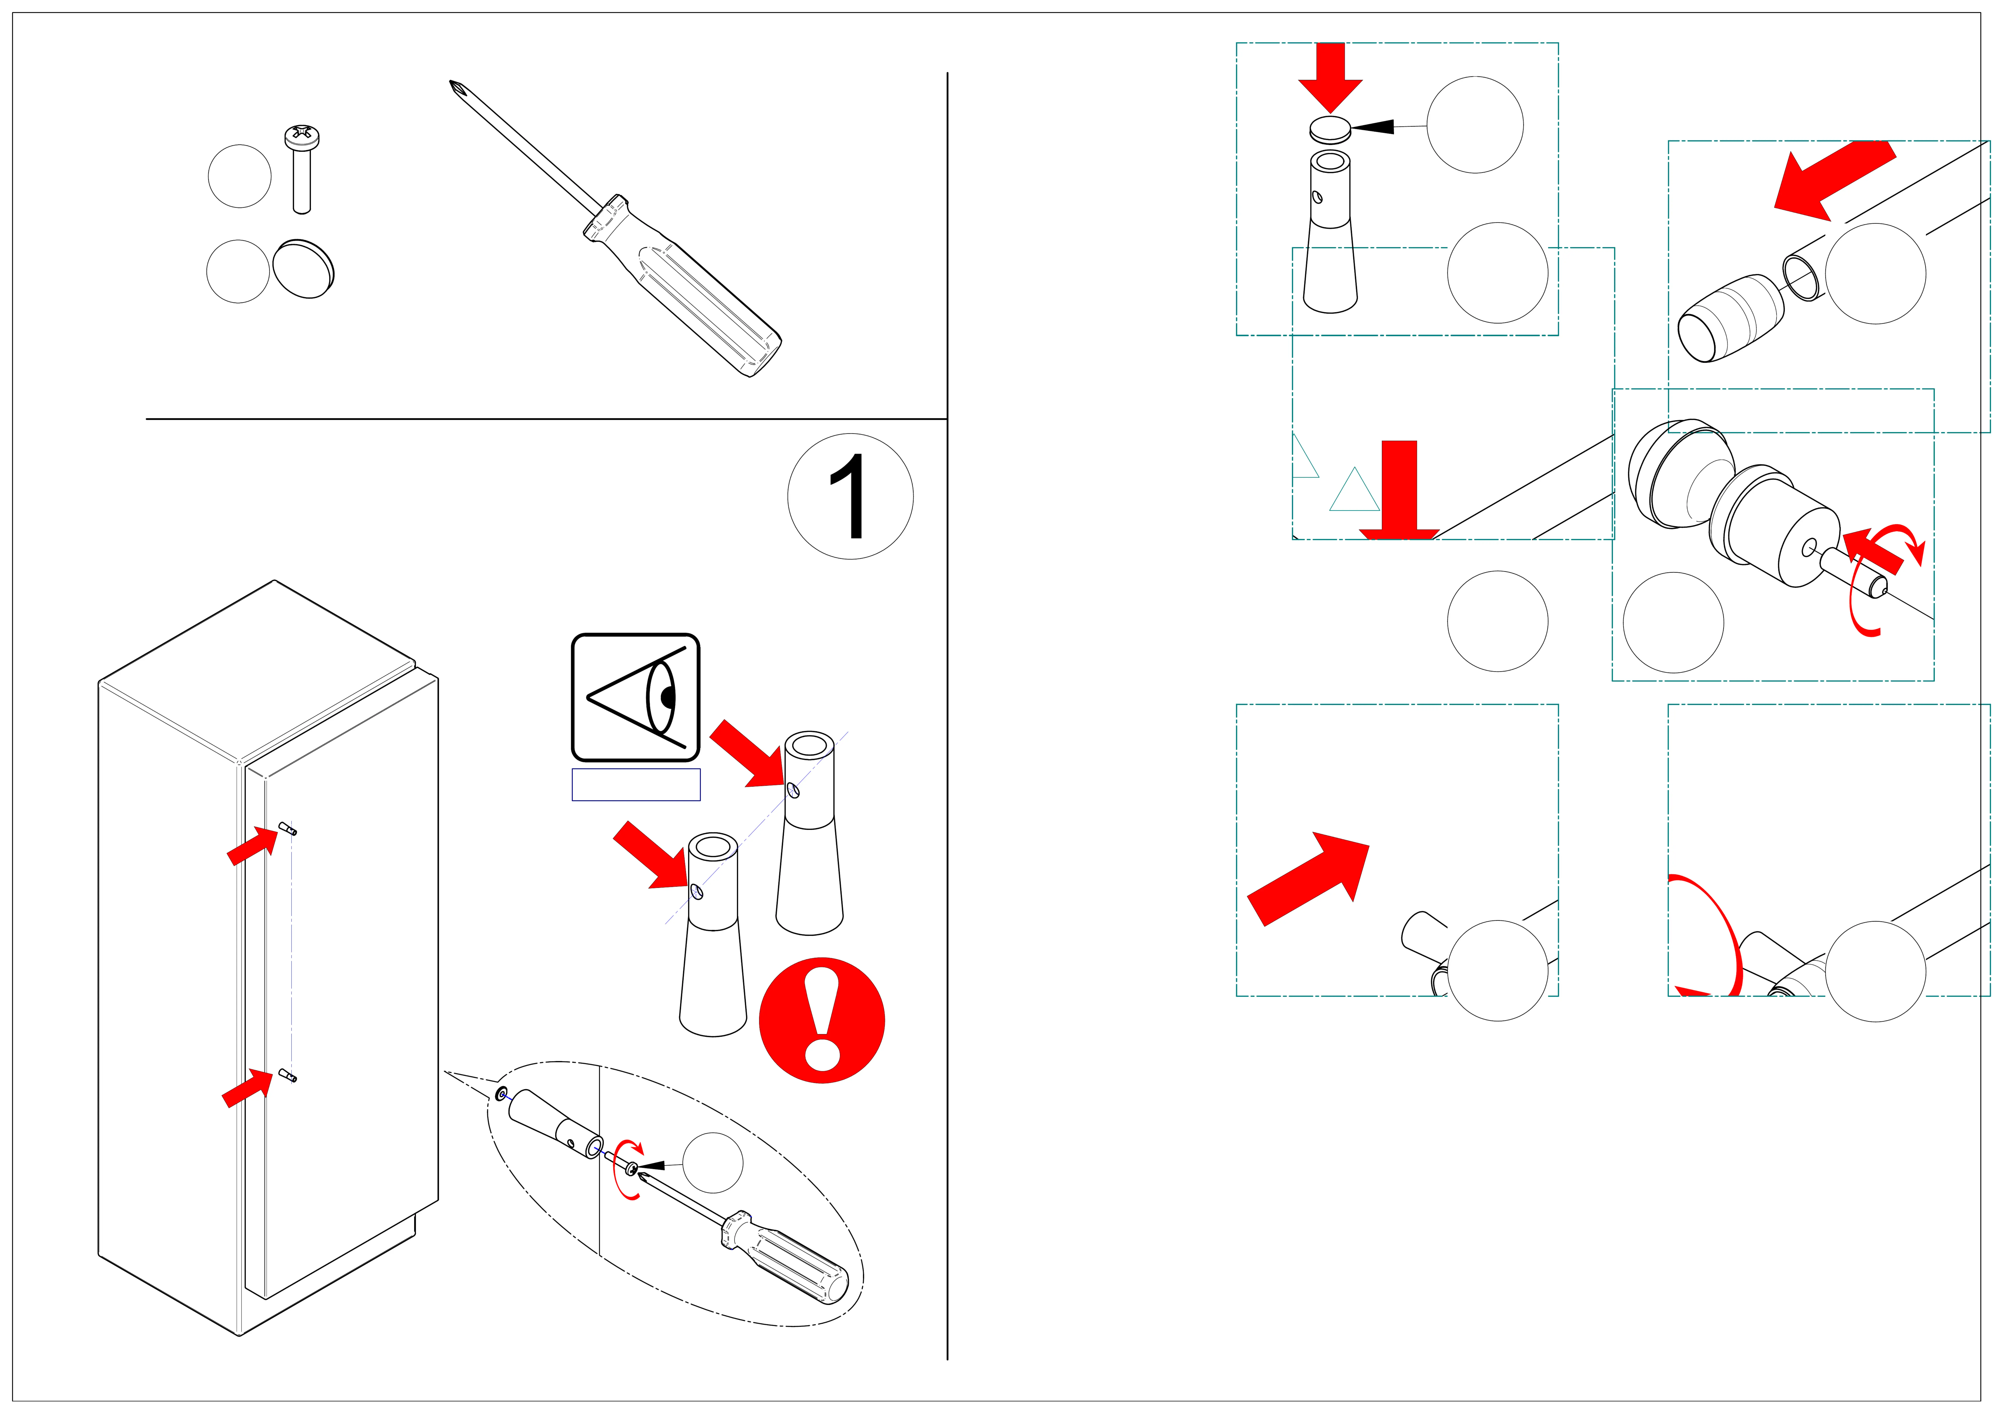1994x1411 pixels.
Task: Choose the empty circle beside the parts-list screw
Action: (240, 176)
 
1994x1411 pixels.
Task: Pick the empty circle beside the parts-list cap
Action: (238, 271)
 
